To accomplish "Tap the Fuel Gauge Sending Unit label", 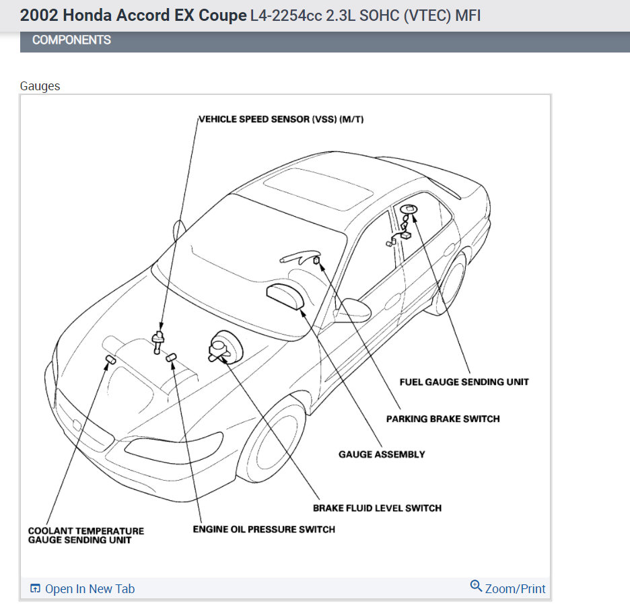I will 464,382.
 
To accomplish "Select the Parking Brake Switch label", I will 443,419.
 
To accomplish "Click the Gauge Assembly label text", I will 382,454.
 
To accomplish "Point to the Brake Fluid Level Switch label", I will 377,508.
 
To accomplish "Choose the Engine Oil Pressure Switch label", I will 264,529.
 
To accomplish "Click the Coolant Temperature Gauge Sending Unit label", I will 86,535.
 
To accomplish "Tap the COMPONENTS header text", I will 71,40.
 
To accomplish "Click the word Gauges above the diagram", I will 40,86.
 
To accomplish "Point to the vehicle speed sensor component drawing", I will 160,339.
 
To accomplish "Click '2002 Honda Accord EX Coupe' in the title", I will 133,15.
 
